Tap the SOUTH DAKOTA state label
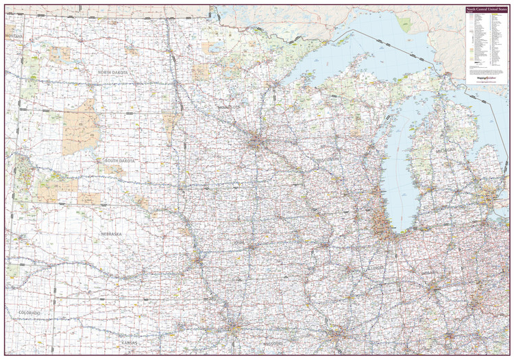119,160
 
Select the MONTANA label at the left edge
13,35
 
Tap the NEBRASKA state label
111,234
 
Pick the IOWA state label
258,241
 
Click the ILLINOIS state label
376,267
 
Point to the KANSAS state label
130,342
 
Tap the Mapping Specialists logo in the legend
484,77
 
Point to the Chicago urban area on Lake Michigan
381,224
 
